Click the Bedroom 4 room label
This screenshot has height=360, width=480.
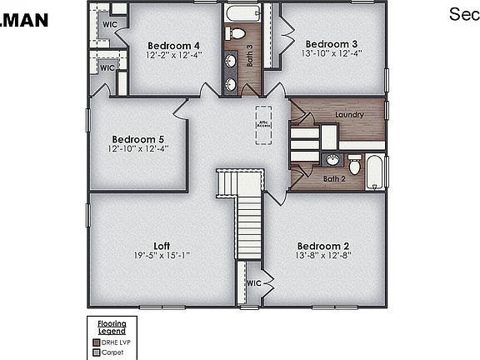pyautogui.click(x=173, y=45)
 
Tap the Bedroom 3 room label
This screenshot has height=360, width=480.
pyautogui.click(x=332, y=43)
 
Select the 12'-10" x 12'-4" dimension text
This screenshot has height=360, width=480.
pyautogui.click(x=138, y=148)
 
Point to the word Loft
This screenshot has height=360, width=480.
pyautogui.click(x=162, y=246)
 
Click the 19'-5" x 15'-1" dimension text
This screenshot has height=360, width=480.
pyautogui.click(x=162, y=256)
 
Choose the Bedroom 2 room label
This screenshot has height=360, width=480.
pyautogui.click(x=324, y=247)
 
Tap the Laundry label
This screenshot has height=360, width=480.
pyautogui.click(x=348, y=113)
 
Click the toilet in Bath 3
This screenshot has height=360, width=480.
pyautogui.click(x=237, y=33)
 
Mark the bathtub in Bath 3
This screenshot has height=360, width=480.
pyautogui.click(x=242, y=13)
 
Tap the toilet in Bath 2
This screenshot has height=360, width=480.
pyautogui.click(x=355, y=165)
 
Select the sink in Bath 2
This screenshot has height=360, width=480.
pyautogui.click(x=332, y=160)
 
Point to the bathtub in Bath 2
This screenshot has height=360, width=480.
pyautogui.click(x=376, y=170)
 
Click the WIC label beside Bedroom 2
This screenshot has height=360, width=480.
pyautogui.click(x=253, y=283)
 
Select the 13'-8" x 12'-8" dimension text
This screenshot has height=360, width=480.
pyautogui.click(x=324, y=257)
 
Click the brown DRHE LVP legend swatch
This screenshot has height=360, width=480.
pyautogui.click(x=96, y=341)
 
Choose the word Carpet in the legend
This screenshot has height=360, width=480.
pyautogui.click(x=112, y=352)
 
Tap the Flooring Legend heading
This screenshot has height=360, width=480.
pyautogui.click(x=112, y=326)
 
